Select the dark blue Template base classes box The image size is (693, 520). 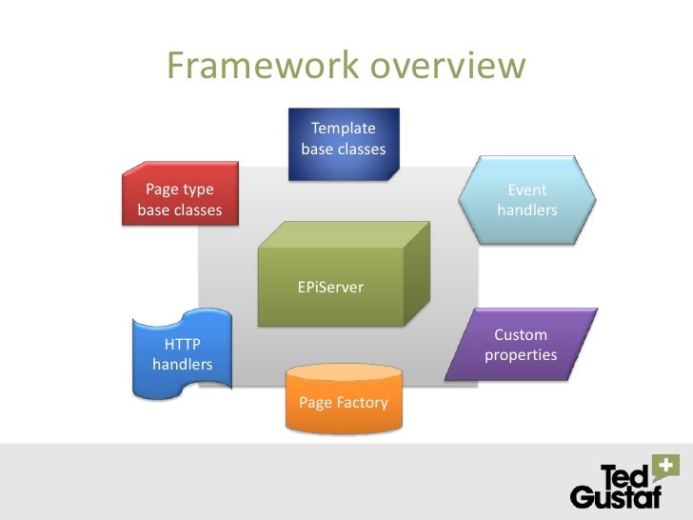pyautogui.click(x=344, y=142)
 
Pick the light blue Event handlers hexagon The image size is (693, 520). pyautogui.click(x=526, y=200)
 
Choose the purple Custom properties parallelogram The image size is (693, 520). pyautogui.click(x=521, y=345)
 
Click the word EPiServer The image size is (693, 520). pyautogui.click(x=330, y=287)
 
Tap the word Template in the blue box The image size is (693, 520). pyautogui.click(x=344, y=129)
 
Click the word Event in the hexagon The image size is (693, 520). pyautogui.click(x=526, y=190)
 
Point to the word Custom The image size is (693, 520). pyautogui.click(x=521, y=334)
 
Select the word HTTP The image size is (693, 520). pyautogui.click(x=183, y=344)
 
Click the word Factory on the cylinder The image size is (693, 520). pyautogui.click(x=362, y=403)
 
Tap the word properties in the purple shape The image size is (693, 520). pyautogui.click(x=521, y=355)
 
